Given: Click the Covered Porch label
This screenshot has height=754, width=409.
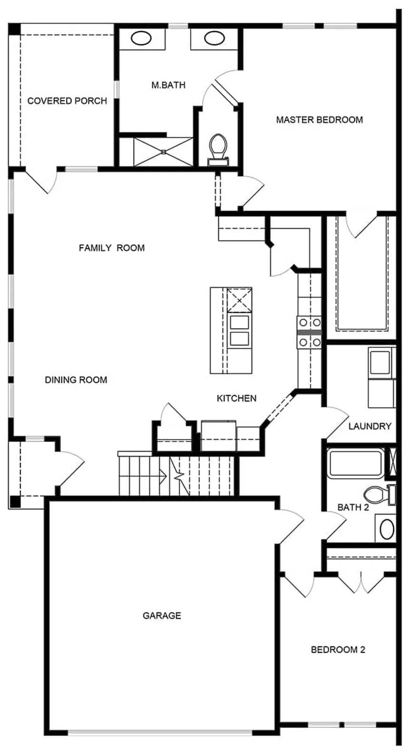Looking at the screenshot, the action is point(67,101).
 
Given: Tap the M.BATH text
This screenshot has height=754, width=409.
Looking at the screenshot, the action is point(168,85).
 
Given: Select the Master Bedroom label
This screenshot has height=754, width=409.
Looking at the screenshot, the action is point(320,120).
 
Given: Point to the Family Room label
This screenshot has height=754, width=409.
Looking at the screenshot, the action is point(112,248).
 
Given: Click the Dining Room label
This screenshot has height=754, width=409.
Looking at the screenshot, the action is point(76,380).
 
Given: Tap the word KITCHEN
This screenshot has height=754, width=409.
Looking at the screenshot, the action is point(236,398).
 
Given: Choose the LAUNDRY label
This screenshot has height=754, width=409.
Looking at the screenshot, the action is point(370,426).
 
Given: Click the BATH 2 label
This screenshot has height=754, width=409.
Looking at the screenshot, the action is point(353,507).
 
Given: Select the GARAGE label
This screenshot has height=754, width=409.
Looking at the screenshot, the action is point(162,615).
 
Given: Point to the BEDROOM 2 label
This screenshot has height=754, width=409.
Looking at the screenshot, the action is point(338,649).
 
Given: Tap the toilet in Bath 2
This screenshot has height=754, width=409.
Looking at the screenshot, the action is point(380,494).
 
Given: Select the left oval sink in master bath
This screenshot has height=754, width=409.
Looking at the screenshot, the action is point(141,38).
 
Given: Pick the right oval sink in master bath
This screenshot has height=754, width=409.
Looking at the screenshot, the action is point(214,38).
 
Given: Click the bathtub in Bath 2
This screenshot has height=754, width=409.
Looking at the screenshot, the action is point(356,463).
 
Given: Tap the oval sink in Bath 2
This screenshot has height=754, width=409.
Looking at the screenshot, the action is point(387,530).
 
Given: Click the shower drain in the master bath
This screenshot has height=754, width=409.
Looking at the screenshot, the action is point(164,151).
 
